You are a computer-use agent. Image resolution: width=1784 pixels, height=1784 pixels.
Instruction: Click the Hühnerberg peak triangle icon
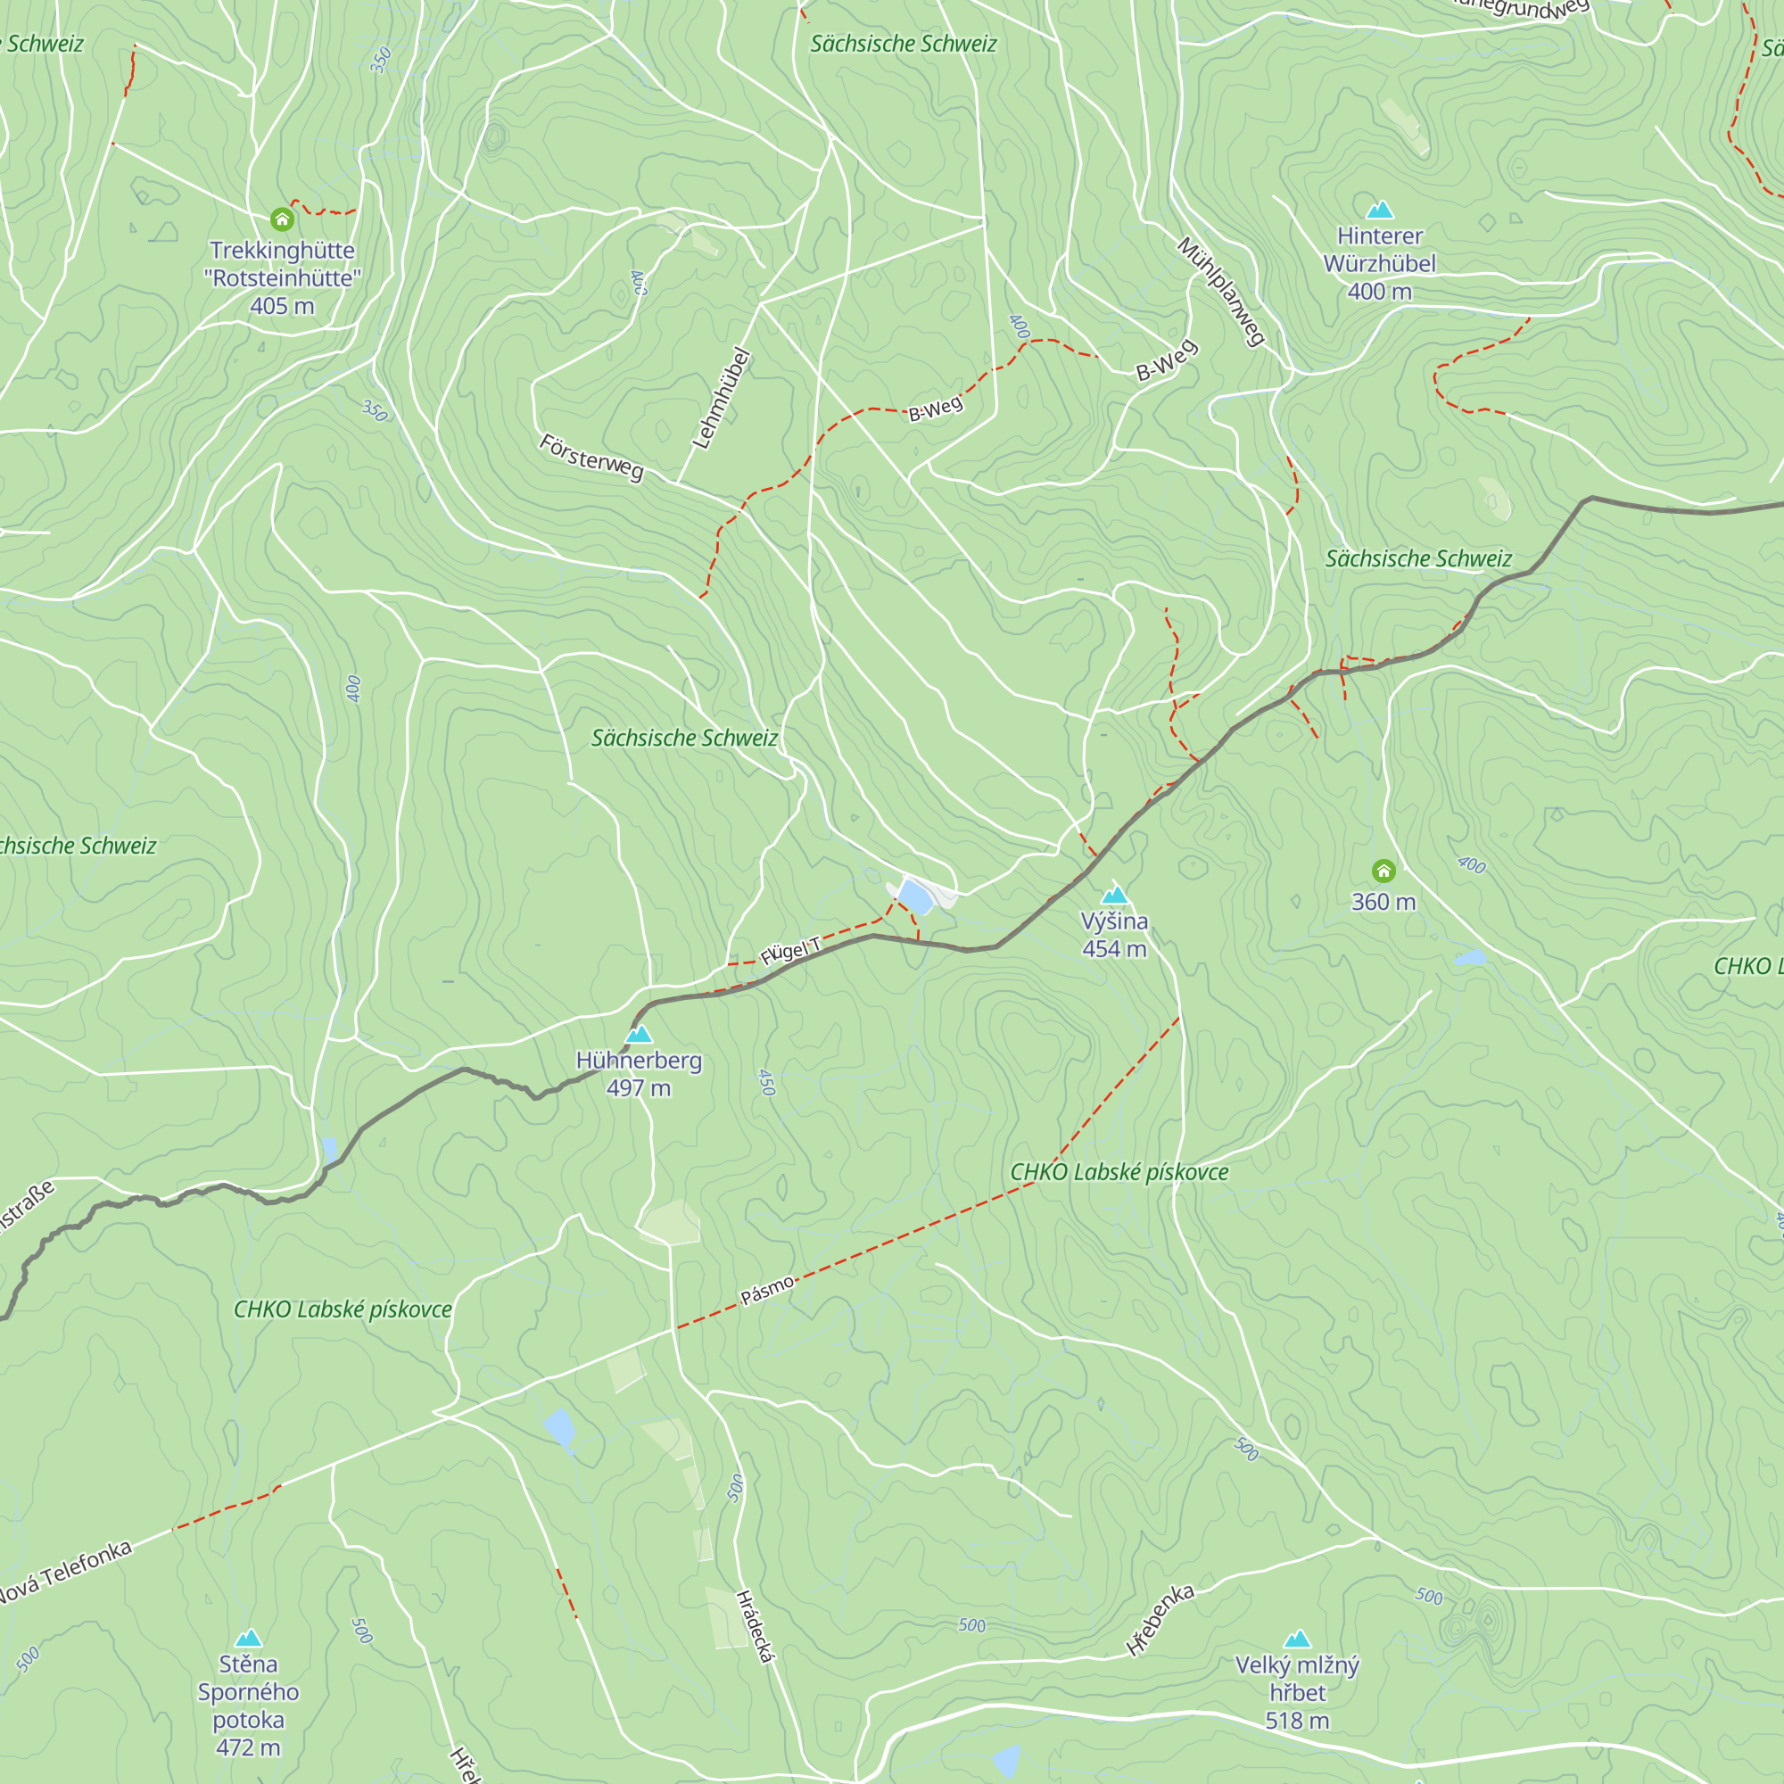[638, 1034]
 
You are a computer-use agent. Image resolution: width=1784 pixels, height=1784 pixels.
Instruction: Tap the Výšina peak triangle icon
[1114, 895]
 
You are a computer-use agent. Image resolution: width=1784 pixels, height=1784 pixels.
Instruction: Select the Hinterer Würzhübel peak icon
[1379, 210]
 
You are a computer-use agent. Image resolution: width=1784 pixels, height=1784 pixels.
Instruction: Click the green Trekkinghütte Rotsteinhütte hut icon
[282, 219]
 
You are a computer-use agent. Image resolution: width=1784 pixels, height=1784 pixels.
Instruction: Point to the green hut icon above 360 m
[1383, 871]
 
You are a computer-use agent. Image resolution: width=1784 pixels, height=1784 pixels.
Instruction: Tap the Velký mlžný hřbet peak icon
[1296, 1639]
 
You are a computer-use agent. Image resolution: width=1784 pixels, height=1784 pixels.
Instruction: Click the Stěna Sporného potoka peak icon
[247, 1638]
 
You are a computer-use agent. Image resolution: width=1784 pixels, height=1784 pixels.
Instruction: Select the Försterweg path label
[591, 457]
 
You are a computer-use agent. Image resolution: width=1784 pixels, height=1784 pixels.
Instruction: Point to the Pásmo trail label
[766, 1290]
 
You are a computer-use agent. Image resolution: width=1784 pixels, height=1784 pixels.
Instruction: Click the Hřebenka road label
[1160, 1620]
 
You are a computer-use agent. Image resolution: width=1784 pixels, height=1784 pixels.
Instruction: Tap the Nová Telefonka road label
[64, 1573]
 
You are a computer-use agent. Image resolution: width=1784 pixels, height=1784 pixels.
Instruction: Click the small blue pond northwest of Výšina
[914, 896]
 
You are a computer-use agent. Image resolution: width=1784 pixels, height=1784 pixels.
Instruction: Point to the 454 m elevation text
[1114, 948]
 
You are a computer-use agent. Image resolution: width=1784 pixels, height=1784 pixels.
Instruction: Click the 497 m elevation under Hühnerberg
[638, 1087]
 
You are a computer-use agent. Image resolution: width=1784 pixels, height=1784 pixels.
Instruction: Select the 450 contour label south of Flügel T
[765, 1082]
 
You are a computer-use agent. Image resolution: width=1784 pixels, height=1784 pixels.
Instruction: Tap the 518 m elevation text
[1296, 1721]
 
